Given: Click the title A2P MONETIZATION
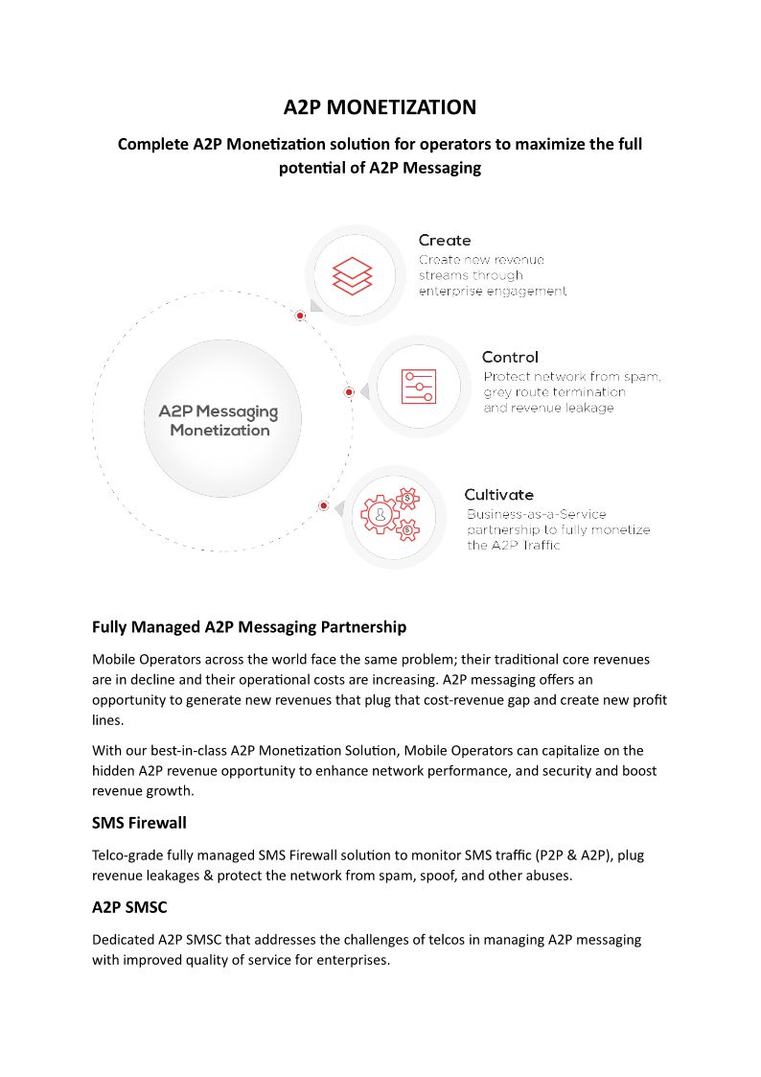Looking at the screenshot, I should (x=380, y=106).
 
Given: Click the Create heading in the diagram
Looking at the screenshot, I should (x=445, y=240).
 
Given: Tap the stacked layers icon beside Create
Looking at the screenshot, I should (x=352, y=276).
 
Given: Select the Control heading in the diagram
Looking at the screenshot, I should (x=510, y=357).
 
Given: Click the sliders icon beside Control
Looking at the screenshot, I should (x=418, y=386).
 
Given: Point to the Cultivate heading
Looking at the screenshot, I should (x=498, y=494).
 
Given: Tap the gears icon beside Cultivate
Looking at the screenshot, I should (x=390, y=515).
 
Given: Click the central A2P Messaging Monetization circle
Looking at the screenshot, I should (x=219, y=420).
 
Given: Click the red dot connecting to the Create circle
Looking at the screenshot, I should (x=300, y=316).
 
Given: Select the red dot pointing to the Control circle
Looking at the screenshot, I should (x=349, y=392).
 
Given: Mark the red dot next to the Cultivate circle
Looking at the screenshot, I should (x=324, y=505).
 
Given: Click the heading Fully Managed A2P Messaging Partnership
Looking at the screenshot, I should (x=249, y=627).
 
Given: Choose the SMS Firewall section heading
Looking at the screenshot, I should (x=139, y=823).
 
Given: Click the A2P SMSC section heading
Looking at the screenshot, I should (x=130, y=907).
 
